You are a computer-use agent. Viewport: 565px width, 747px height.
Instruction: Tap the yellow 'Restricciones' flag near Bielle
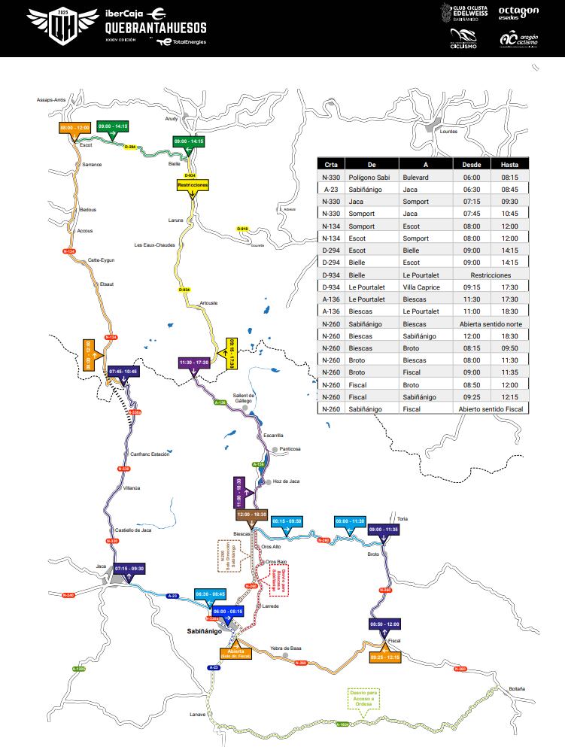pos(193,184)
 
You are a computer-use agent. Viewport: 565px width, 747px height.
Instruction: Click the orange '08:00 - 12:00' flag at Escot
pos(74,128)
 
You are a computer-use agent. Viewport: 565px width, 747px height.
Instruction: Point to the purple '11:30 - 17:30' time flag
pos(193,363)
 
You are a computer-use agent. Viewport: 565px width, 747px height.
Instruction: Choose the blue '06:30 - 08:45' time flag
pos(211,594)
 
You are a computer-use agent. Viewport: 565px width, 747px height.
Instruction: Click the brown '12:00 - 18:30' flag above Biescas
pos(251,514)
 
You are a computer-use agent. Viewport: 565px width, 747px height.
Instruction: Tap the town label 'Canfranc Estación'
pos(150,454)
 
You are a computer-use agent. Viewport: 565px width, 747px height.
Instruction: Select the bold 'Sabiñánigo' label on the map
pos(205,631)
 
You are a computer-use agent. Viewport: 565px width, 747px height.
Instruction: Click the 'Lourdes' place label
pos(448,131)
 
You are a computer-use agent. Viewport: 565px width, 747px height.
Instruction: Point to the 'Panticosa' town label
pos(290,449)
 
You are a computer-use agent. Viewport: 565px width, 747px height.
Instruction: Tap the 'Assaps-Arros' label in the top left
pos(51,99)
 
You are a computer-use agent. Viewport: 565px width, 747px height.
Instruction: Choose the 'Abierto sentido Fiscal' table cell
pos(490,408)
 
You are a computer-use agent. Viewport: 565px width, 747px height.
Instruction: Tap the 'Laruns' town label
pos(176,220)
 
